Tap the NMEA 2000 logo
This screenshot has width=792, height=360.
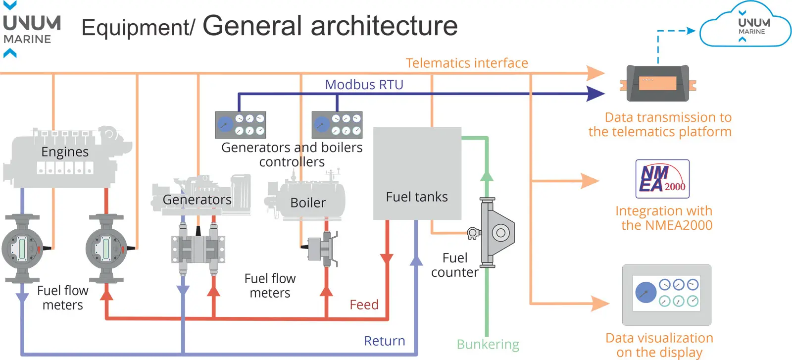662,179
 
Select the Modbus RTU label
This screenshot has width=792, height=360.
364,85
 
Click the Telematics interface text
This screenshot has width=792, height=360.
466,63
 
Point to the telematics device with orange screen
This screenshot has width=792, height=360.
657,83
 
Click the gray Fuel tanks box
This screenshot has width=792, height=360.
417,173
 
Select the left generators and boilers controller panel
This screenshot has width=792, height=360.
241,125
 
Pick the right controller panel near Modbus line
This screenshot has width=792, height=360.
337,125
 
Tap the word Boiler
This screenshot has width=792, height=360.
308,203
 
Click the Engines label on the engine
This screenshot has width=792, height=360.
65,152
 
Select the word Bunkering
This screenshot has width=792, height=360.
488,344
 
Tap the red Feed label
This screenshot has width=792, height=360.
364,305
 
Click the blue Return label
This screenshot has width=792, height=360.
384,341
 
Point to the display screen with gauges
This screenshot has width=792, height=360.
666,294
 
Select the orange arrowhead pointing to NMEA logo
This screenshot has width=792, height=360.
590,181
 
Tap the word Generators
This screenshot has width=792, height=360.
197,200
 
